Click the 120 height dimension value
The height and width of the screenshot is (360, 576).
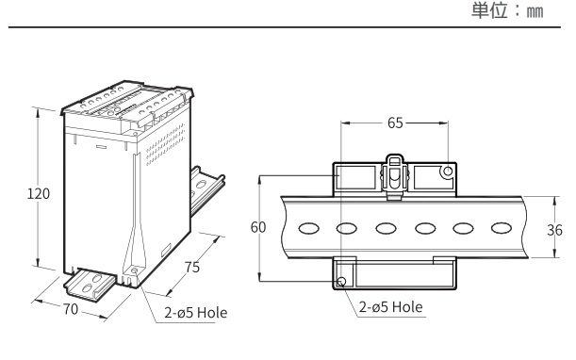39,193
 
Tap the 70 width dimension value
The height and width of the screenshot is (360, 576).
71,309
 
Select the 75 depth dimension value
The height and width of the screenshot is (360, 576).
192,267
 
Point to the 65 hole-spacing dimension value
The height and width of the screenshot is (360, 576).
395,123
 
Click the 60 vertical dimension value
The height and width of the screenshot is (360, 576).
258,227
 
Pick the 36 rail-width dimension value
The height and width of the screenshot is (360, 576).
554,230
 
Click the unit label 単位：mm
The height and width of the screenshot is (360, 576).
507,10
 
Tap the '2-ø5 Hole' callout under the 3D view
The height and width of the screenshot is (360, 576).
196,313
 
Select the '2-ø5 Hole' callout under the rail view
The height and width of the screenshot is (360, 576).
391,306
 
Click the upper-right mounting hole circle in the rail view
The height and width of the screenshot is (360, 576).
448,172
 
